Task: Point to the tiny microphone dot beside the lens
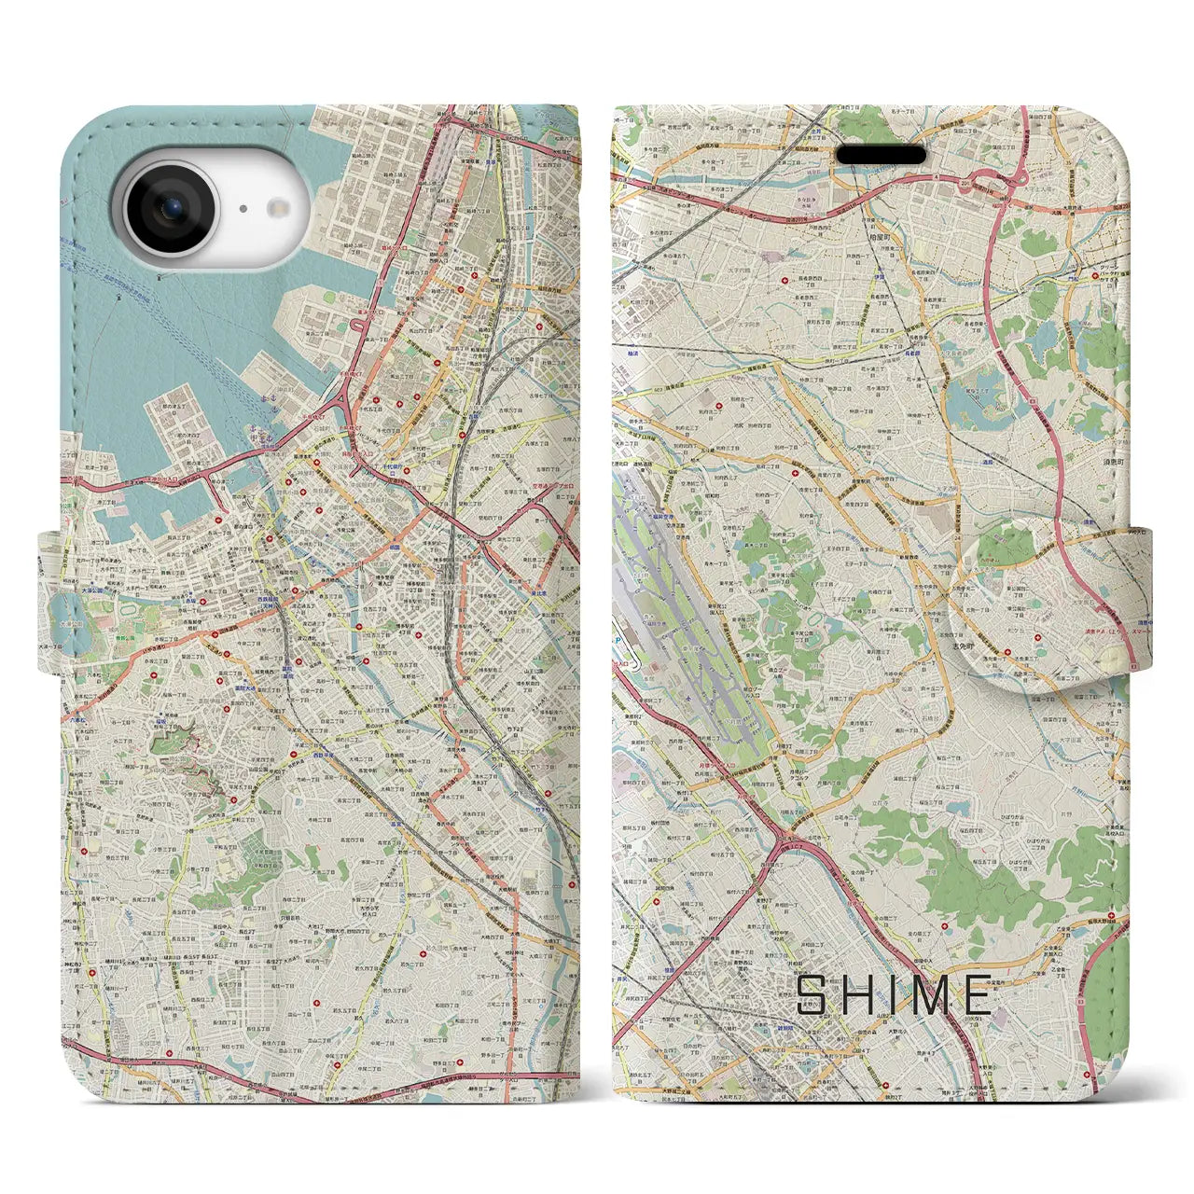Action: click(x=243, y=210)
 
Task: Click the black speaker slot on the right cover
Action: click(x=880, y=154)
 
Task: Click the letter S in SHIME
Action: click(x=812, y=995)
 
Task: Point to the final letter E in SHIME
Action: click(x=978, y=995)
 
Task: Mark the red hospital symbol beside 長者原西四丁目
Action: click(x=784, y=281)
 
